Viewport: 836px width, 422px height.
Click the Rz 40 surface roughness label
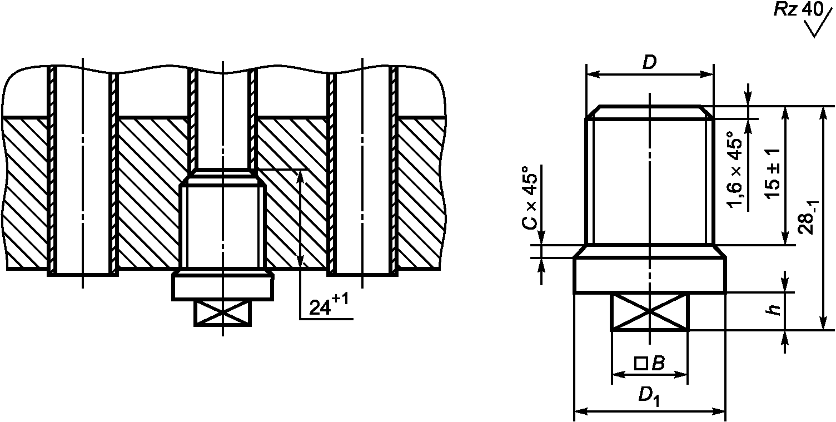pyautogui.click(x=799, y=9)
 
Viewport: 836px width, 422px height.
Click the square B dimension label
pyautogui.click(x=650, y=364)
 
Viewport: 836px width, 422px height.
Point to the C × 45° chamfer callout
pyautogui.click(x=530, y=197)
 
